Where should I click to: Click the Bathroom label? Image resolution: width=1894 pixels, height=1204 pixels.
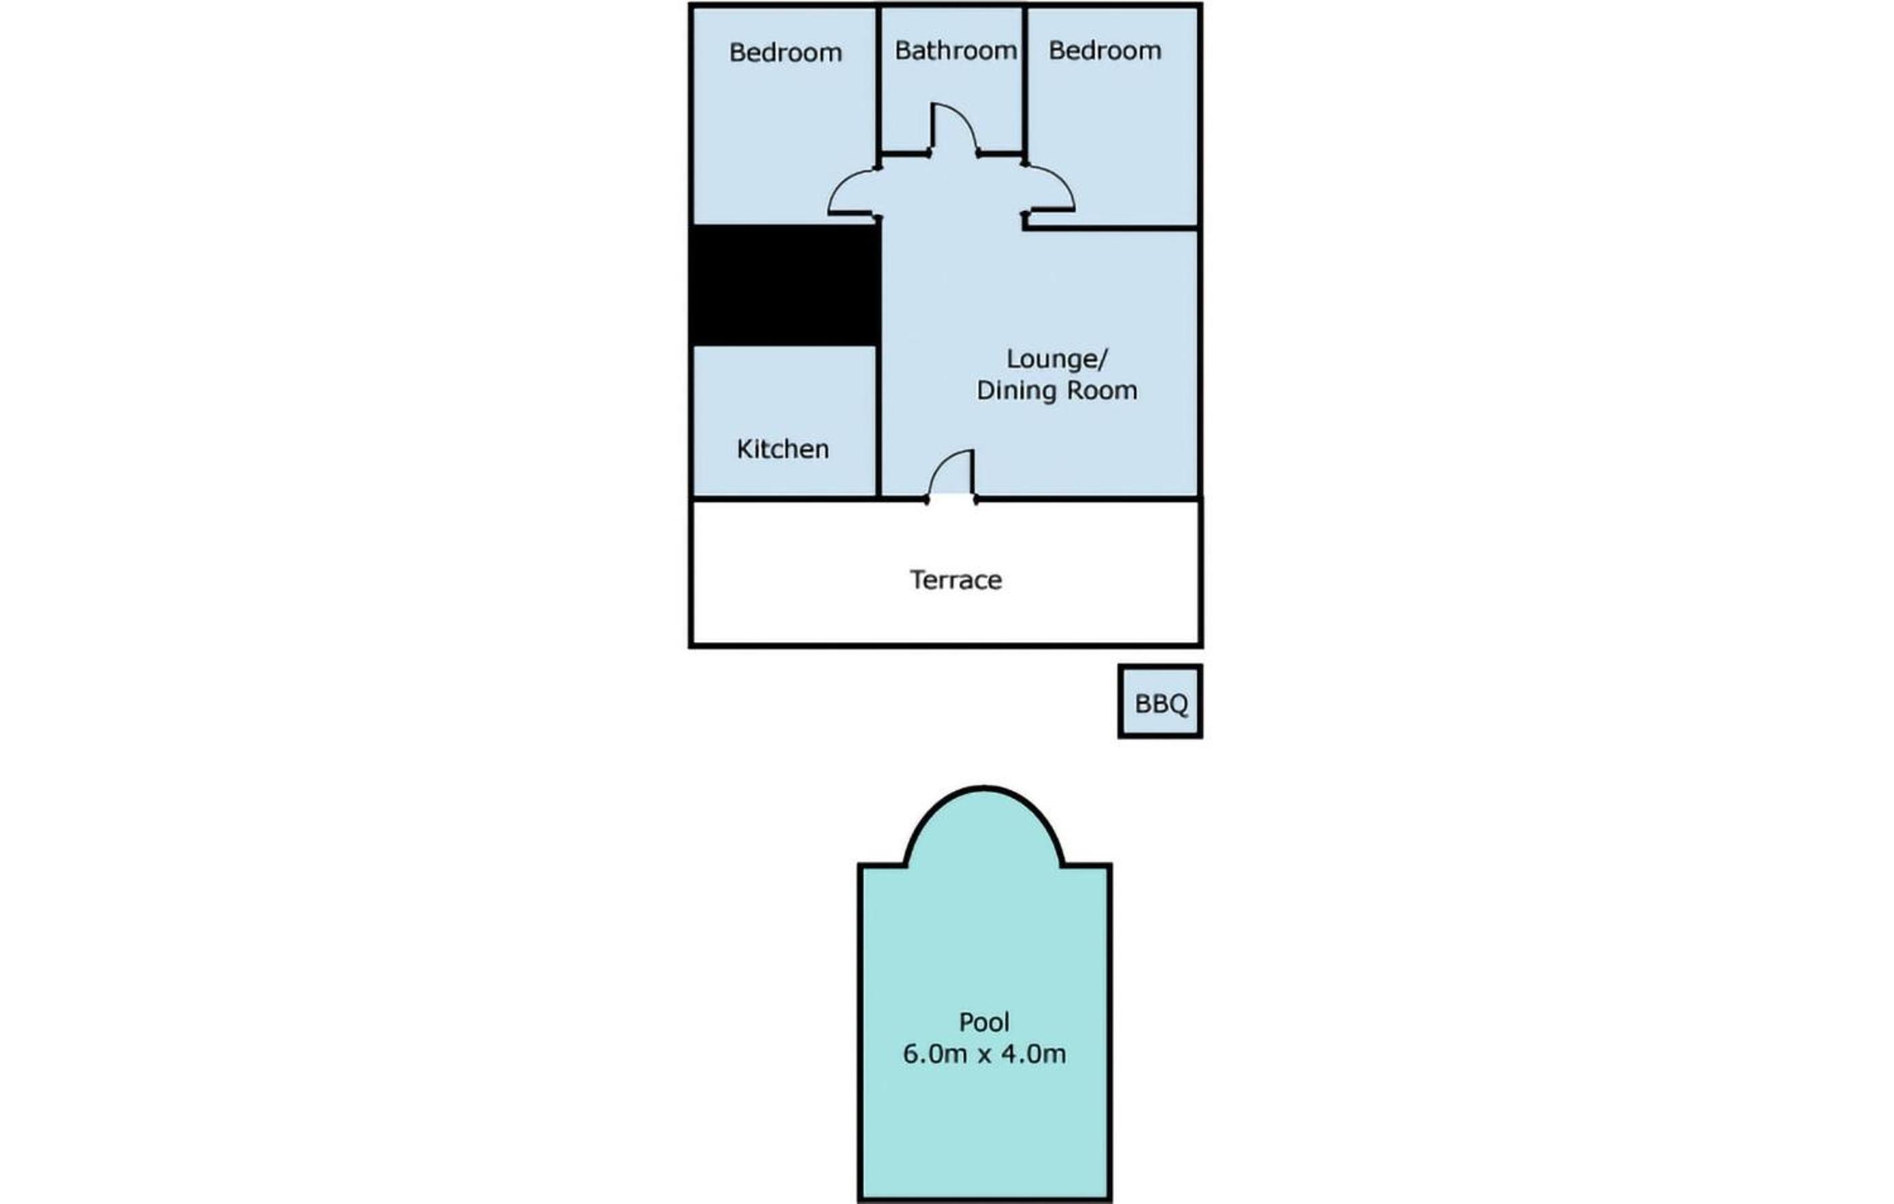tap(956, 51)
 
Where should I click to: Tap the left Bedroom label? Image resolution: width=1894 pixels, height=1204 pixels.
tap(785, 52)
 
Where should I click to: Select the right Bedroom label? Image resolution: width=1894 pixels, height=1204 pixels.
tap(1105, 51)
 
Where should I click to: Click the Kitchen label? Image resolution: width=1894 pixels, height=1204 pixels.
tap(783, 449)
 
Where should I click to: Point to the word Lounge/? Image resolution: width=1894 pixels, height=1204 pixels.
tap(1057, 359)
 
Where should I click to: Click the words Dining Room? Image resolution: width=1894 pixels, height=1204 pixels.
tap(1057, 390)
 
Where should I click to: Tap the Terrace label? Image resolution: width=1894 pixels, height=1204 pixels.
tap(956, 580)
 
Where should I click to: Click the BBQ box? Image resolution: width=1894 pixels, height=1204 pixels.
tap(1160, 701)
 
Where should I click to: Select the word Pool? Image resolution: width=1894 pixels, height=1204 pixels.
tap(984, 1022)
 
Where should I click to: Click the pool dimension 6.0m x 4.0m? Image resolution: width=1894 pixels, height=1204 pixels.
tap(984, 1054)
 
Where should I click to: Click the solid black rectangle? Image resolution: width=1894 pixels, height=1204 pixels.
tap(784, 286)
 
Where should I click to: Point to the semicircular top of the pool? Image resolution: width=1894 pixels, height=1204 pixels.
tap(984, 787)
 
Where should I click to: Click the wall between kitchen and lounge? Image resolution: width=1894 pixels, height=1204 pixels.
tap(879, 422)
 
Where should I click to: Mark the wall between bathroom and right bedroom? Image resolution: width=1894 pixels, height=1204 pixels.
tap(1024, 79)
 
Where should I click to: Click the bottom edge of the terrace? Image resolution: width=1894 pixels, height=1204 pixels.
tap(946, 645)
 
